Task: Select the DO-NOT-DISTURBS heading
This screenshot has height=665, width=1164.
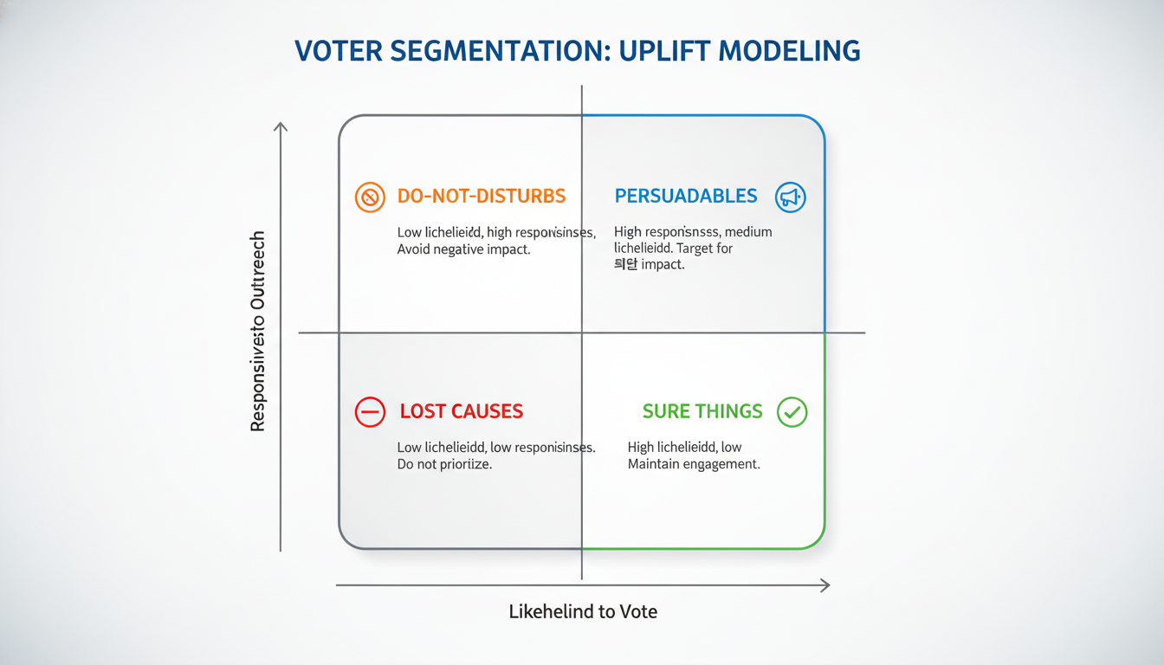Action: [x=482, y=196]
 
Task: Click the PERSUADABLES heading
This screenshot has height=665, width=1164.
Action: [x=686, y=196]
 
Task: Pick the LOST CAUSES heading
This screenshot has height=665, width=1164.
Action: [x=462, y=411]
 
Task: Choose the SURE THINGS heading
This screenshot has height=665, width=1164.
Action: [x=702, y=411]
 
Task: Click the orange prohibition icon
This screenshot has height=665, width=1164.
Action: [x=370, y=197]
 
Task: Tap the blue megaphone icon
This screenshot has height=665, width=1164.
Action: [x=791, y=197]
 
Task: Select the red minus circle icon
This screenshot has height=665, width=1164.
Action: [x=370, y=412]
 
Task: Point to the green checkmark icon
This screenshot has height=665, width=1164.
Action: [x=792, y=412]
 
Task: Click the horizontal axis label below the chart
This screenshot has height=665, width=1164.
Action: [x=583, y=612]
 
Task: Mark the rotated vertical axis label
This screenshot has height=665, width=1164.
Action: [x=257, y=332]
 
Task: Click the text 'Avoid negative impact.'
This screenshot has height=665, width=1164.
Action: [x=463, y=250]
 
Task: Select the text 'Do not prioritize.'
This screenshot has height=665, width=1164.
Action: [x=444, y=465]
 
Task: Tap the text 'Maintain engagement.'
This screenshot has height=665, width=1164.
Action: [x=694, y=465]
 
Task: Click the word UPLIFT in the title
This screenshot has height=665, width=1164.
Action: [x=652, y=52]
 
